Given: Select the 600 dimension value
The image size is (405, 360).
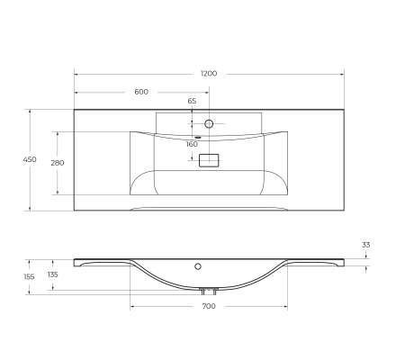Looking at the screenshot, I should point(141,92).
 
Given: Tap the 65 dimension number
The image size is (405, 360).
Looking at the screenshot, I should point(192,102).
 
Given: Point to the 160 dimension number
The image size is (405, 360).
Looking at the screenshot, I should point(192,144).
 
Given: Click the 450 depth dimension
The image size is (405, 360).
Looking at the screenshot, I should point(30,159).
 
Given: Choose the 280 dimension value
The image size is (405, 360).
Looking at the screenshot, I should point(57,163).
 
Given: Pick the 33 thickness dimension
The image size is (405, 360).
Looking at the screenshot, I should point(365,244).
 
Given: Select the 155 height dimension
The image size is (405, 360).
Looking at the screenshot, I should point(30,276).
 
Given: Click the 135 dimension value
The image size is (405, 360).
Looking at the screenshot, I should point(52,274).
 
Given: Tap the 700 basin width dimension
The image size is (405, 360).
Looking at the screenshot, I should point(209,307).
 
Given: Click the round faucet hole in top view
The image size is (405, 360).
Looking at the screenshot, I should point(209,122).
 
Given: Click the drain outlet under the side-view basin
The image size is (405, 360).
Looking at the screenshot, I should point(209,291).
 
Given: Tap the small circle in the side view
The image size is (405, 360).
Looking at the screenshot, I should point(199,266).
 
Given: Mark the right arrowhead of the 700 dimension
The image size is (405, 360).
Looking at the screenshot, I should point(285,306).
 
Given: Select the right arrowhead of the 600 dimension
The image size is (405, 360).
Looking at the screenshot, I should point(207,91).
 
